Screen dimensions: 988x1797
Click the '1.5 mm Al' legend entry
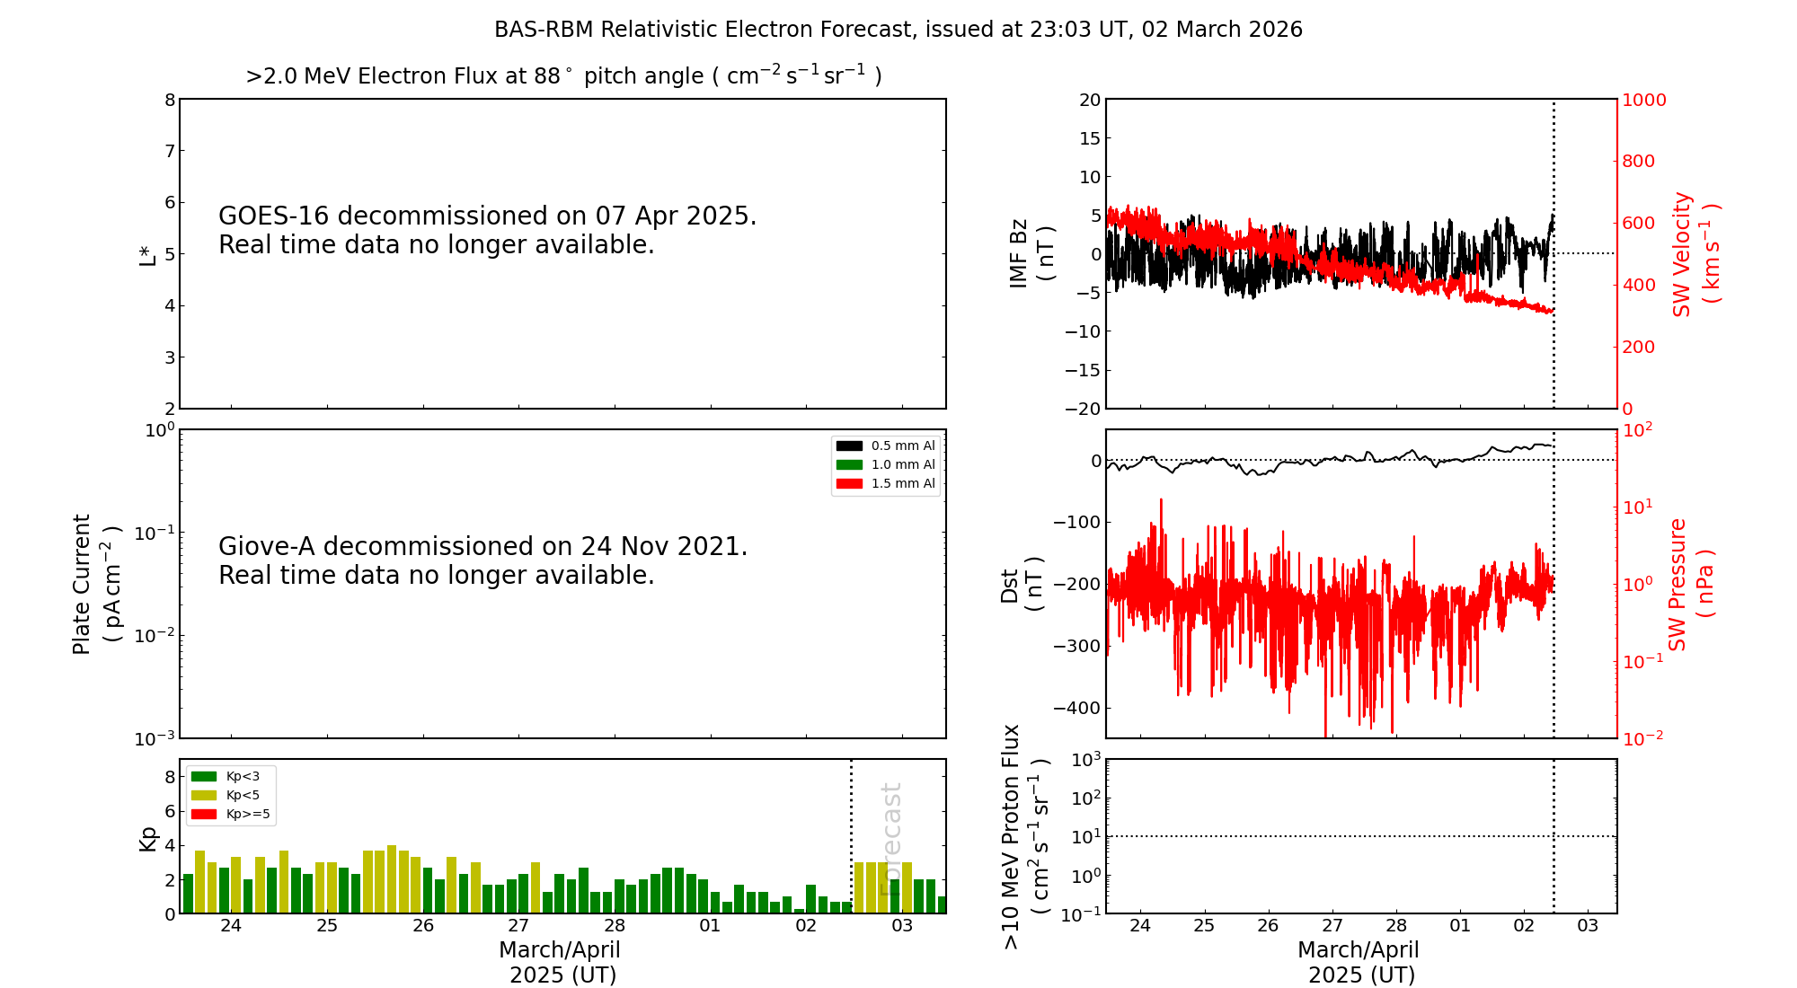pos(902,483)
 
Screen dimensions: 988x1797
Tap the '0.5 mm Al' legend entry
pos(902,445)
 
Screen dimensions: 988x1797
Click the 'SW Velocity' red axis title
pos(1682,254)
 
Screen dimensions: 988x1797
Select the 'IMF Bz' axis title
pos(1018,253)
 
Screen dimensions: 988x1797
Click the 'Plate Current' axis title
pos(82,584)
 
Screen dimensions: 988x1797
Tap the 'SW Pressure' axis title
pos(1677,584)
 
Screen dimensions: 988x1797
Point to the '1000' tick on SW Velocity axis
pos(1643,100)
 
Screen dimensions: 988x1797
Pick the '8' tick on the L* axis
pos(170,100)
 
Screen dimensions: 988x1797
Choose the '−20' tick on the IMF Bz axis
pos(1083,409)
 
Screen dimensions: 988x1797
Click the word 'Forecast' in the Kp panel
pos(890,839)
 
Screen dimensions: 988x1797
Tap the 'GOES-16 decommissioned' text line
pos(487,216)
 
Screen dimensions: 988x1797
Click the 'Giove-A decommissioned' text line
pos(482,547)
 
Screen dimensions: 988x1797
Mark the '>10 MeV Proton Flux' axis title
pos(1012,836)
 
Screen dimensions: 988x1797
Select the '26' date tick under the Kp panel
pos(422,926)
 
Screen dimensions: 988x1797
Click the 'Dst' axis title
pos(1009,586)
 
